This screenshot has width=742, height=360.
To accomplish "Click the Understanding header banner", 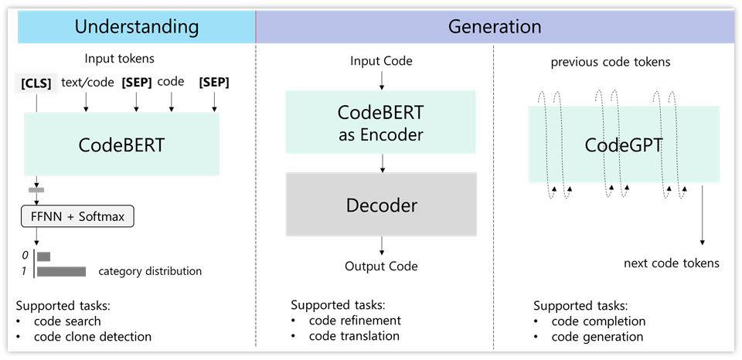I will point(136,27).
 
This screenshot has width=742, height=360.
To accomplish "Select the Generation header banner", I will point(495,27).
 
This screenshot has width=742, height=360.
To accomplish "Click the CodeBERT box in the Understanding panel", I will point(122,145).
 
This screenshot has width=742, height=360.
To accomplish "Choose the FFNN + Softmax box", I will point(78,216).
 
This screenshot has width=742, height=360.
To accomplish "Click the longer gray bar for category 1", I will point(61,271).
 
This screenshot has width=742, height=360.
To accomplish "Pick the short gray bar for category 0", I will point(43,256).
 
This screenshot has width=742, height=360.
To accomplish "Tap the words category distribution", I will point(150,271).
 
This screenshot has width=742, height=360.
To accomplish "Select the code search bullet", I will point(67,321).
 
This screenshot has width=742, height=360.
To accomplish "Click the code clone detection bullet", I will point(92,336).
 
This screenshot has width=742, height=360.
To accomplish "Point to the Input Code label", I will point(381,61).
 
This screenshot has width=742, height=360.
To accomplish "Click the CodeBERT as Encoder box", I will point(381,121).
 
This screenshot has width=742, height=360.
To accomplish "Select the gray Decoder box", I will point(381,205).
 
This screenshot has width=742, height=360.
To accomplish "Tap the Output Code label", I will point(381,267).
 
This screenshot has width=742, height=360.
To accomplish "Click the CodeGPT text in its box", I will point(623,145).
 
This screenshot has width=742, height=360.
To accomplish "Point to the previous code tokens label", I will point(610,62).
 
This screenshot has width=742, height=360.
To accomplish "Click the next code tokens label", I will point(671,263).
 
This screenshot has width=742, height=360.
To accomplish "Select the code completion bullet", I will point(598,321).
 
